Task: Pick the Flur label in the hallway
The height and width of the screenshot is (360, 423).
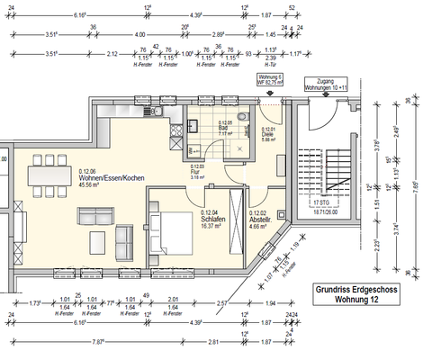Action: pyautogui.click(x=197, y=172)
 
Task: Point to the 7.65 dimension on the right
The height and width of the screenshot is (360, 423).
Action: pyautogui.click(x=414, y=186)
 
